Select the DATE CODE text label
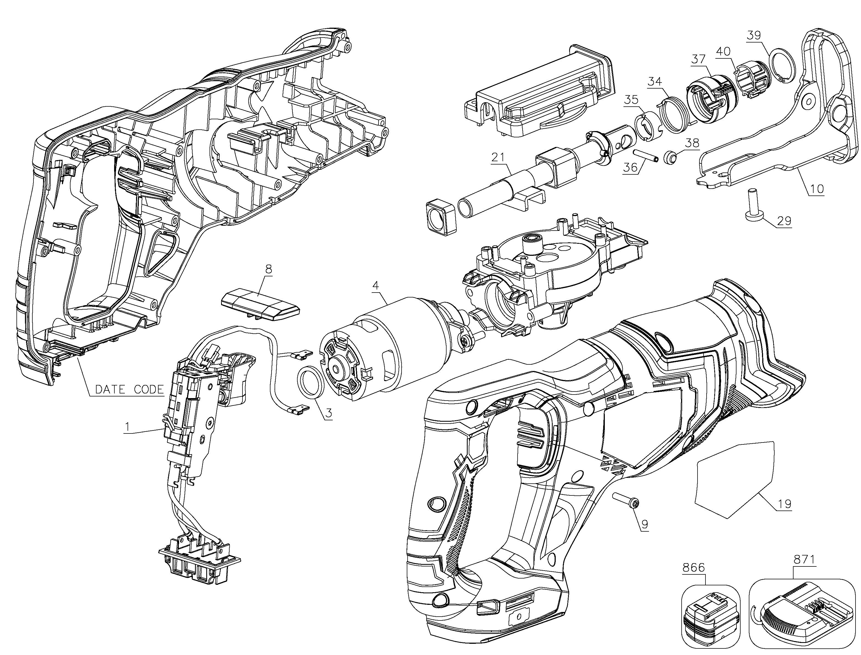tap(129, 389)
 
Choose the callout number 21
tap(498, 157)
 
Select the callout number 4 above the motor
tap(376, 285)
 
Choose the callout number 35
tap(631, 100)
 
